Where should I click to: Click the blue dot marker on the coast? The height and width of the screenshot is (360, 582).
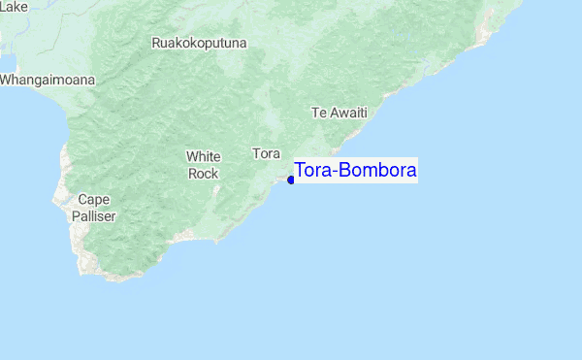tap(291, 180)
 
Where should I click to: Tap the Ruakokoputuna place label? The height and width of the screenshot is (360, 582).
tap(200, 43)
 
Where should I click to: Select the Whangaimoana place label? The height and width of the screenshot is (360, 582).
tap(48, 80)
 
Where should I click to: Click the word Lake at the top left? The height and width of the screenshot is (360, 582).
tap(14, 7)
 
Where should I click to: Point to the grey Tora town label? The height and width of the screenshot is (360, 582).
tap(266, 153)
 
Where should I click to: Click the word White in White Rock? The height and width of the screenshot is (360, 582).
tap(204, 156)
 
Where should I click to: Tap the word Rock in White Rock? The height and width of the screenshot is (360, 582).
tap(204, 173)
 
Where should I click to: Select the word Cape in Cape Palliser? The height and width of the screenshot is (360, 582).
tap(93, 200)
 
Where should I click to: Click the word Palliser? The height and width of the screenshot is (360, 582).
tap(93, 216)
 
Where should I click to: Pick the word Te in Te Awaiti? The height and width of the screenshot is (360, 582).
tap(317, 113)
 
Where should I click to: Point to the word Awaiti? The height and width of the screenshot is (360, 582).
tap(347, 113)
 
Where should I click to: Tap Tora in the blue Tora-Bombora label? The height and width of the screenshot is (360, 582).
tap(311, 171)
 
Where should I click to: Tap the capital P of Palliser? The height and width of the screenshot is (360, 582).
tap(75, 216)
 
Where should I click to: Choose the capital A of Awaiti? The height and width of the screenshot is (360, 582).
tap(332, 113)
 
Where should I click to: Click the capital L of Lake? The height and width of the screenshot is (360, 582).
tap(3, 7)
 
